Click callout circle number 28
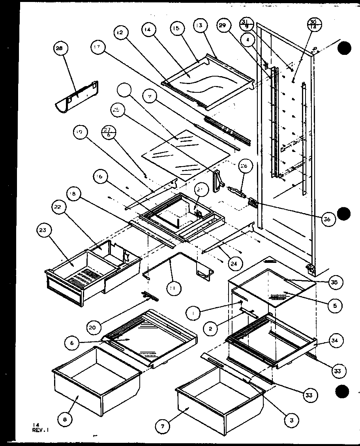pos(60,49)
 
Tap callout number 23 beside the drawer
pos(44,230)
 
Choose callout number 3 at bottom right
pos(291,421)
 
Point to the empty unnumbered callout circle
pos(126,92)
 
